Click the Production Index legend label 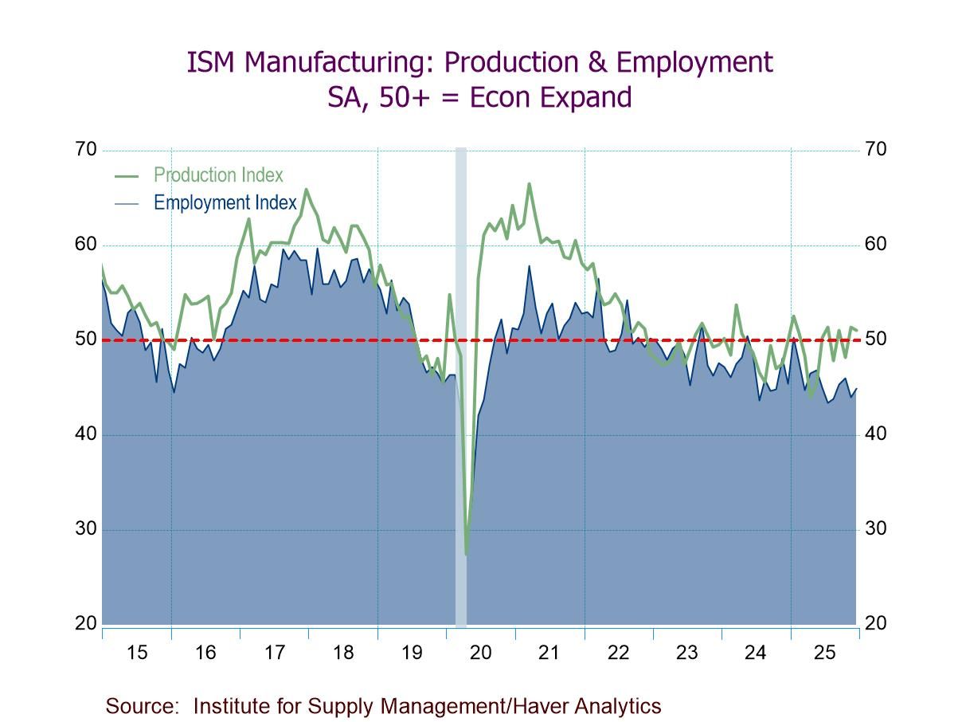click(218, 175)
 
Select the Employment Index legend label click(225, 202)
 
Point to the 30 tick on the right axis click(875, 529)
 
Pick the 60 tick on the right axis click(875, 245)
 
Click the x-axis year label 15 click(137, 653)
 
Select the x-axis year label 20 click(480, 653)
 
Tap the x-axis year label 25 click(824, 653)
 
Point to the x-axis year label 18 click(343, 653)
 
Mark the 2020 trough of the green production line click(466, 553)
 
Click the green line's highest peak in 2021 click(529, 184)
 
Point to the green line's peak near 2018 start click(307, 190)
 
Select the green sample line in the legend click(127, 176)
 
